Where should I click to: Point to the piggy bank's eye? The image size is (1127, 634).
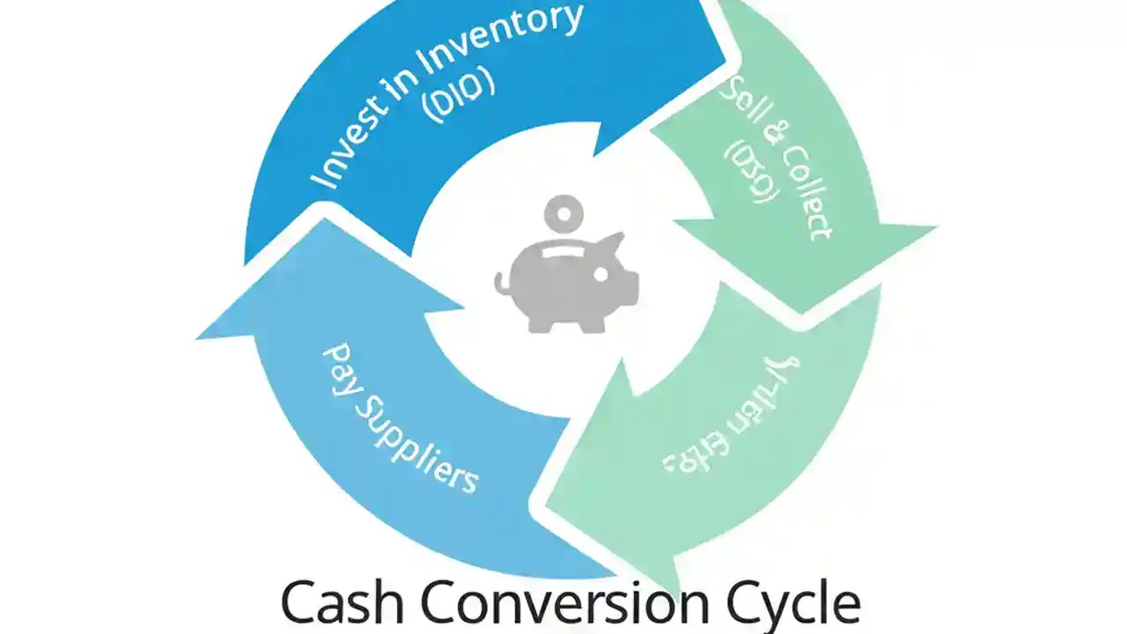(600, 275)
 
